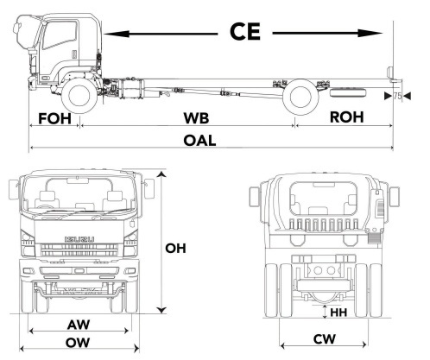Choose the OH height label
[x=177, y=249]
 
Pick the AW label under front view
[x=80, y=325]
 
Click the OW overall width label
[x=80, y=343]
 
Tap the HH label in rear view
[x=338, y=312]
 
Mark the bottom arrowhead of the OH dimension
[x=161, y=308]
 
